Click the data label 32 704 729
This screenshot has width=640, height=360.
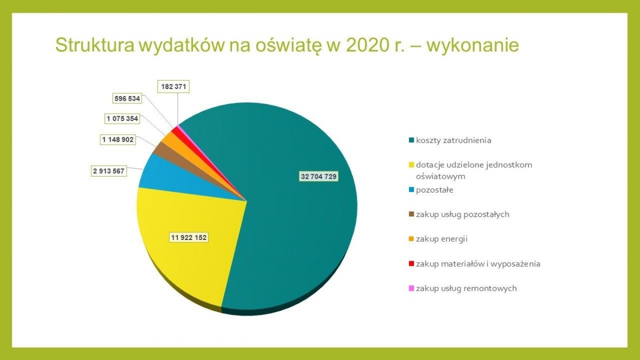pyautogui.click(x=318, y=177)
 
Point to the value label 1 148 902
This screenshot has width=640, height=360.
pyautogui.click(x=118, y=140)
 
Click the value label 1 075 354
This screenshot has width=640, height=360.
pyautogui.click(x=125, y=118)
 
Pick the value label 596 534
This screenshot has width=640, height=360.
pyautogui.click(x=127, y=98)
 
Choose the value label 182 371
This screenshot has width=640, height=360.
pyautogui.click(x=173, y=86)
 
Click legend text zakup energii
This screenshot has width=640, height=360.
pyautogui.click(x=442, y=239)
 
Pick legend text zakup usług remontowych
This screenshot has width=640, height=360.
pyautogui.click(x=466, y=289)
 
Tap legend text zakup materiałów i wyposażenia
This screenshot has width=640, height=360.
pyautogui.click(x=478, y=263)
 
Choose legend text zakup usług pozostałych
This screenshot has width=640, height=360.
pyautogui.click(x=462, y=214)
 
